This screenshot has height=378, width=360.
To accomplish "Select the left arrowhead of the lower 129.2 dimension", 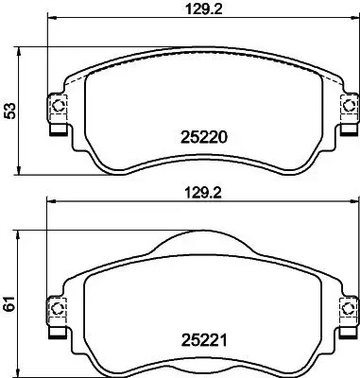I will (50, 202).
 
